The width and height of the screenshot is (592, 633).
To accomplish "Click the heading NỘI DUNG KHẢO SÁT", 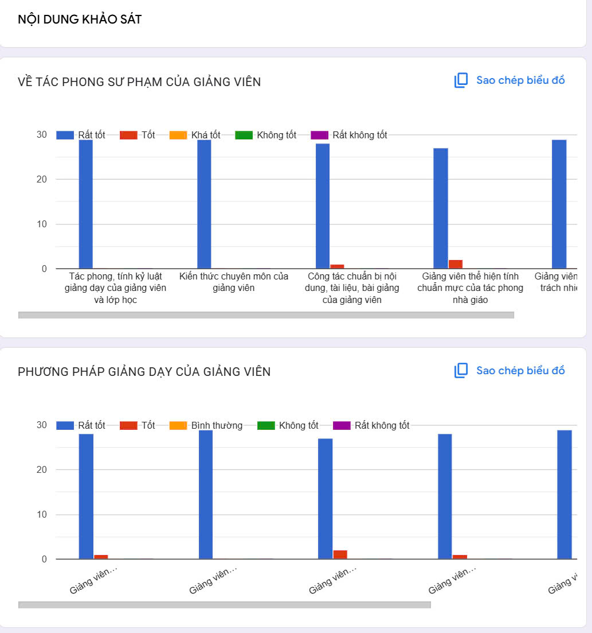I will click(x=80, y=20).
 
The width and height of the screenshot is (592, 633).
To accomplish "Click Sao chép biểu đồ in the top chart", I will click(x=520, y=80).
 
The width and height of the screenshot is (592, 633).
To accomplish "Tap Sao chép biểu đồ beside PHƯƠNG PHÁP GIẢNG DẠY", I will click(x=520, y=371).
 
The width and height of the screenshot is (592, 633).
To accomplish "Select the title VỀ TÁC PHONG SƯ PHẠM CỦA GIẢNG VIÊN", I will click(x=139, y=82).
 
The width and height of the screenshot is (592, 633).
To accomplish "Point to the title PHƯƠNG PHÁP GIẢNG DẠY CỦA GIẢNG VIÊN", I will click(x=144, y=372).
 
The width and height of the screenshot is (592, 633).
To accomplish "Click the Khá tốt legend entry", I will click(x=205, y=135).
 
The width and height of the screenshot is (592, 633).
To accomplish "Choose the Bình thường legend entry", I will click(x=216, y=426).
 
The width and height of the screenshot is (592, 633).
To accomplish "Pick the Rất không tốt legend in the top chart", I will click(x=359, y=135).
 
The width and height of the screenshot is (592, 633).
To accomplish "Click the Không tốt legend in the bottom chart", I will click(x=298, y=426).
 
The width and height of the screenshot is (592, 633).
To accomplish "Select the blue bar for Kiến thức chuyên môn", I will click(x=204, y=204).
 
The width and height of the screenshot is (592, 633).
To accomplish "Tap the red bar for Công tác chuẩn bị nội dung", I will click(x=337, y=266).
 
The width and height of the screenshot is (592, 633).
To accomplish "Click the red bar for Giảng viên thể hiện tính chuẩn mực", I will click(x=456, y=264).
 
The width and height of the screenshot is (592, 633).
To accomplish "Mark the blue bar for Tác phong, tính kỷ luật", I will click(x=85, y=204).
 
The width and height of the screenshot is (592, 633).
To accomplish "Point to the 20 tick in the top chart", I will click(x=42, y=180).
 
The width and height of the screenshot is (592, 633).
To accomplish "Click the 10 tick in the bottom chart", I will click(x=42, y=515).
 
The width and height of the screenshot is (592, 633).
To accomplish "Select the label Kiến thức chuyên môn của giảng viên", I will click(x=234, y=282).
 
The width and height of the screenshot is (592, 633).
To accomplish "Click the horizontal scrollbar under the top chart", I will click(x=266, y=314).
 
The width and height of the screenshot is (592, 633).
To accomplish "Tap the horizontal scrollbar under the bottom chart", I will click(x=224, y=605).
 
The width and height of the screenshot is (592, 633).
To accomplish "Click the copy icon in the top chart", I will click(x=461, y=80).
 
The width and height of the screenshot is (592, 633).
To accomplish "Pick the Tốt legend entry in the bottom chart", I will click(x=148, y=426).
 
